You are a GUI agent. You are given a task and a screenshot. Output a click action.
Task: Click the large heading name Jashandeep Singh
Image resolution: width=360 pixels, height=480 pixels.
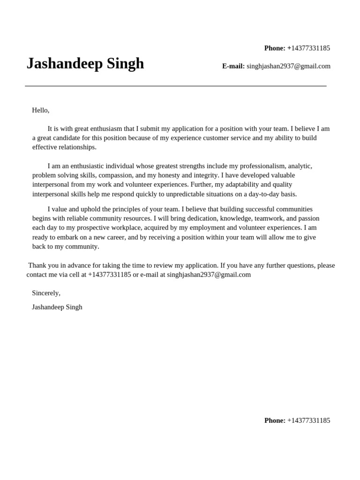85,64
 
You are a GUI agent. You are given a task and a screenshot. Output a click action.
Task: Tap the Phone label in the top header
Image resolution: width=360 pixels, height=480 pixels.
275,48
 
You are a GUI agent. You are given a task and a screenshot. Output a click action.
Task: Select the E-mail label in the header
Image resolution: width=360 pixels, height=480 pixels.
233,67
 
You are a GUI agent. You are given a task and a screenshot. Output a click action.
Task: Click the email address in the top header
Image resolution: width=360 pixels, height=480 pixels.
288,67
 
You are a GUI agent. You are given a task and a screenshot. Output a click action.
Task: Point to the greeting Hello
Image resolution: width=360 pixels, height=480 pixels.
40,110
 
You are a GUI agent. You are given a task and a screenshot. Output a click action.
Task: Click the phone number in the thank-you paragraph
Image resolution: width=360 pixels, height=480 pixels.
109,275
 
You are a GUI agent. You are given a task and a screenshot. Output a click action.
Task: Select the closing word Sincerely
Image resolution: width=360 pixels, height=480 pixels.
46,293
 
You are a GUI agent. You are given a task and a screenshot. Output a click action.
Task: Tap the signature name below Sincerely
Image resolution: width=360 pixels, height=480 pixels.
57,307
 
